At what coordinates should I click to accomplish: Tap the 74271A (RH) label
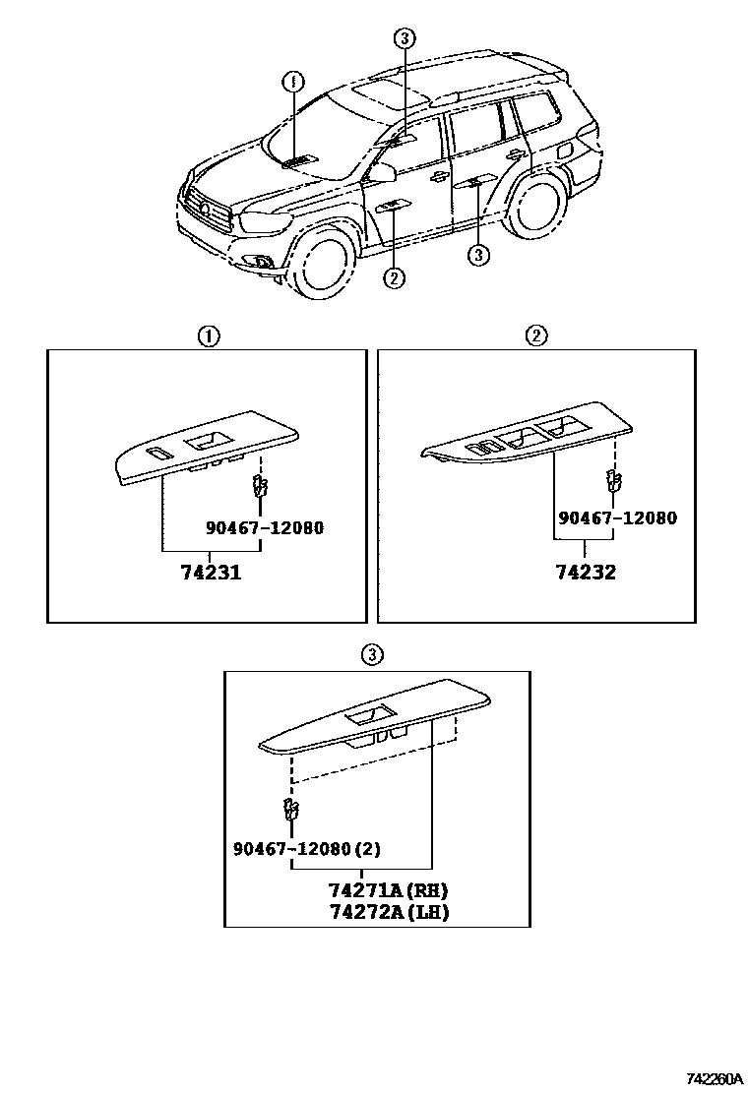point(389,890)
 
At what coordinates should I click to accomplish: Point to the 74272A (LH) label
point(389,912)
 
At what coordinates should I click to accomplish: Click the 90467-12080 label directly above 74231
point(265,528)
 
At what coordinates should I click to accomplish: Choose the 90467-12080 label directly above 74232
point(617,518)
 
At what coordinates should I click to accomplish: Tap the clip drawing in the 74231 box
point(259,485)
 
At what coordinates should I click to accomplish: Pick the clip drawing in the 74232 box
point(611,480)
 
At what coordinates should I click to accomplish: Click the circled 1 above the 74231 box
point(208,335)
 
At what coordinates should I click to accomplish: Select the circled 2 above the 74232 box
point(536,335)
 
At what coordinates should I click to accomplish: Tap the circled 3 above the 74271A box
point(371,654)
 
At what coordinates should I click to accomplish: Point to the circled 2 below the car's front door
point(394,278)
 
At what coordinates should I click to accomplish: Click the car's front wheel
point(326,262)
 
